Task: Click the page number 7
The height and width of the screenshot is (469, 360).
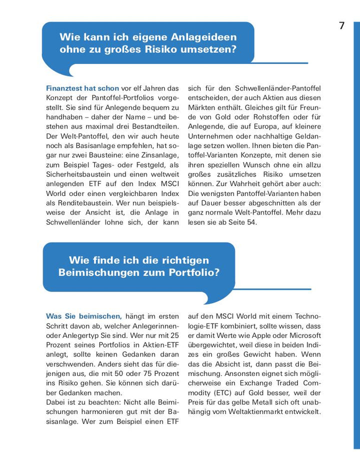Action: [342, 26]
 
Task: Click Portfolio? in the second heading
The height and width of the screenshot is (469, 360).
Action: [195, 273]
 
